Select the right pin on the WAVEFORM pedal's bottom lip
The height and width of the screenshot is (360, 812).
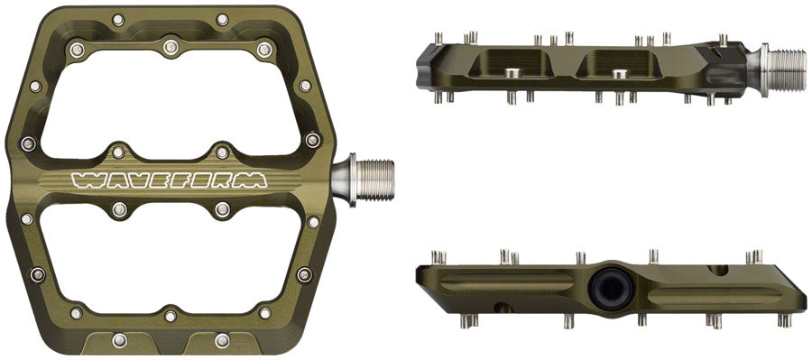coord(222,339)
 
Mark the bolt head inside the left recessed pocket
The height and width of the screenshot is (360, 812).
coord(512,69)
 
